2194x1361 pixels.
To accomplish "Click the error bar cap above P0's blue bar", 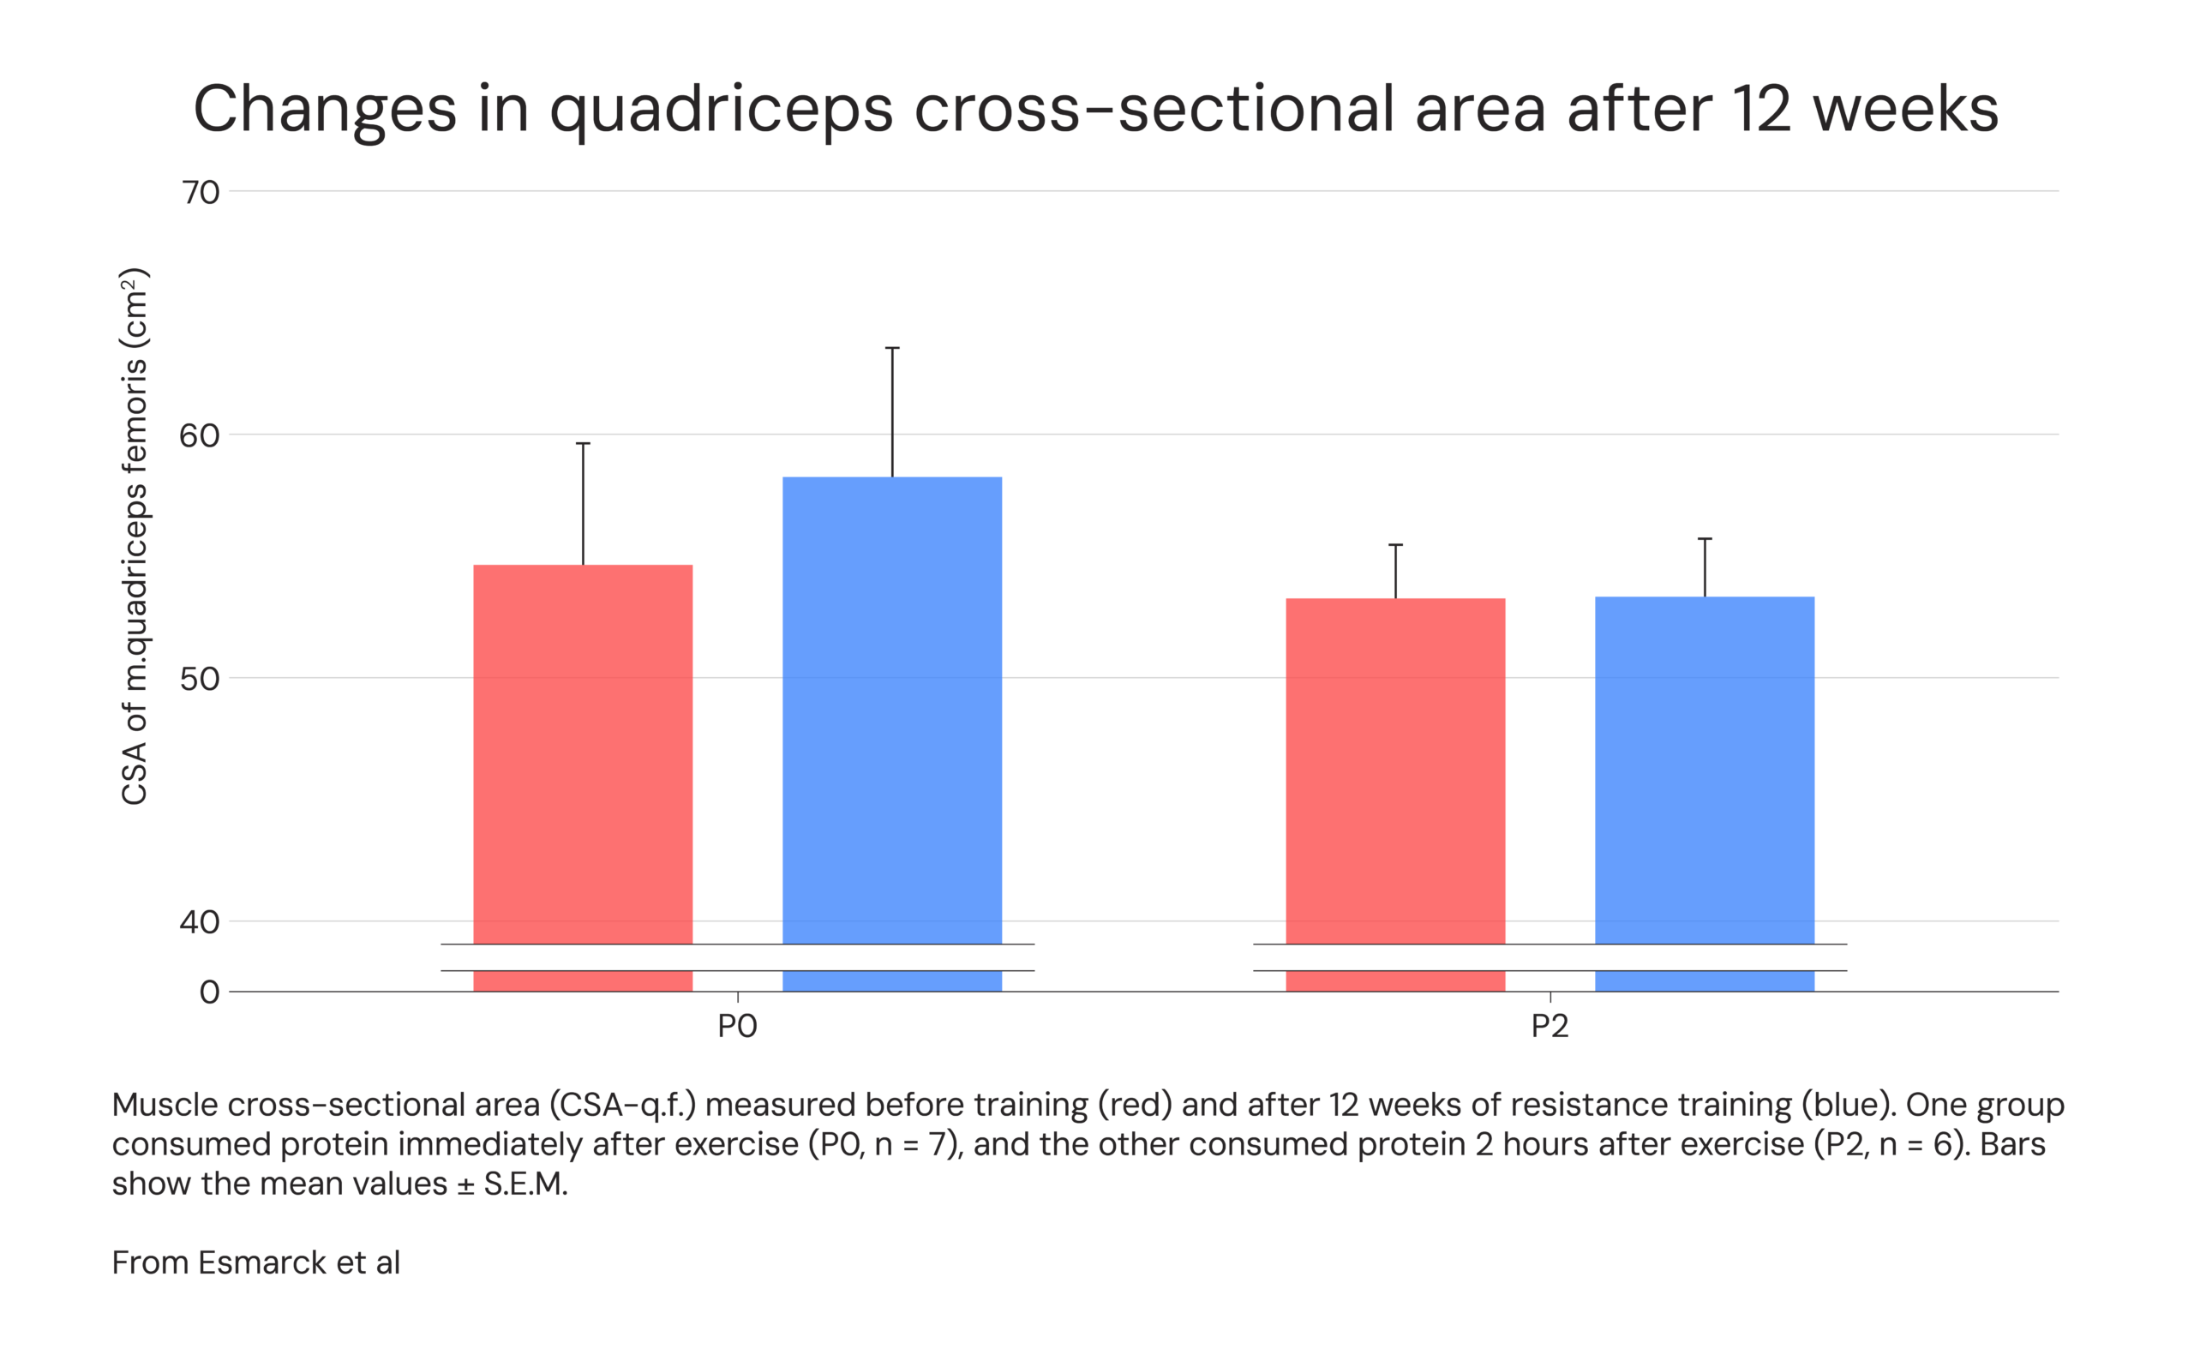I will (x=892, y=347).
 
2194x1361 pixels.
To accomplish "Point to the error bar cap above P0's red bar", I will (x=583, y=443).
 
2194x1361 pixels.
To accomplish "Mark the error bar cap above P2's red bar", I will (x=1395, y=544).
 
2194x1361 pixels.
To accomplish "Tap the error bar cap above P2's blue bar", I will (x=1705, y=538).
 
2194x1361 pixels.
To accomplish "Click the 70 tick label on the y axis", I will (x=200, y=192).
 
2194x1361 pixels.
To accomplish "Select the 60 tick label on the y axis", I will (x=199, y=435).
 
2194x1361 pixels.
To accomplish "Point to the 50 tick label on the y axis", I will (x=199, y=679).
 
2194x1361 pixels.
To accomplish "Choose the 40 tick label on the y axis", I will (x=199, y=921).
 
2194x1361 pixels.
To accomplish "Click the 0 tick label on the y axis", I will (x=209, y=992).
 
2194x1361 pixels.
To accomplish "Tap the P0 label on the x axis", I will (x=737, y=1026).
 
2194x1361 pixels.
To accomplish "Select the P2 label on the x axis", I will (x=1549, y=1026).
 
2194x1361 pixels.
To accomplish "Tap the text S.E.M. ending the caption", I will (x=525, y=1184).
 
